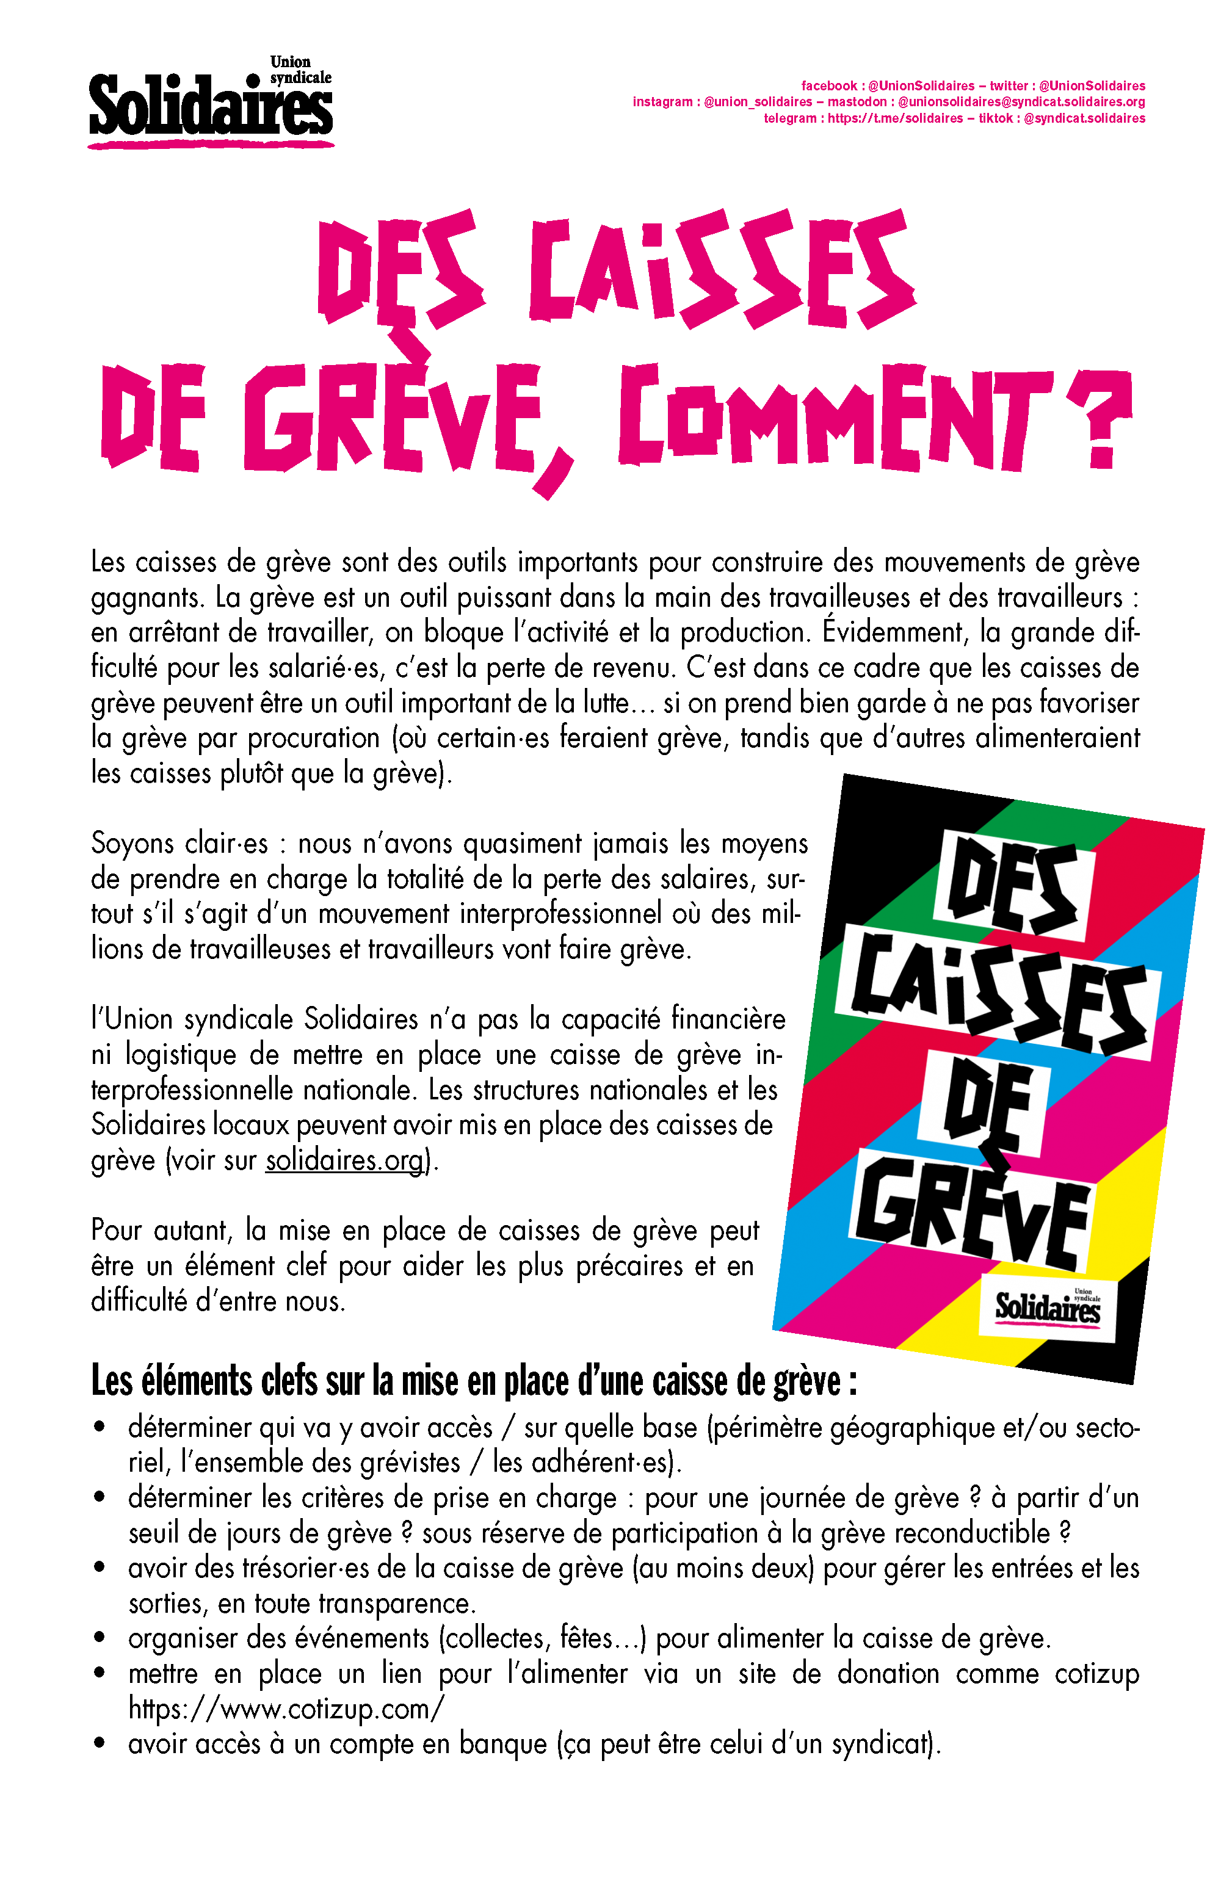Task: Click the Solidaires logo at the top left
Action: (210, 104)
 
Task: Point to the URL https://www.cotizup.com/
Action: (286, 1709)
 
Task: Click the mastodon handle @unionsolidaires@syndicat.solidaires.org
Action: (1021, 102)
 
